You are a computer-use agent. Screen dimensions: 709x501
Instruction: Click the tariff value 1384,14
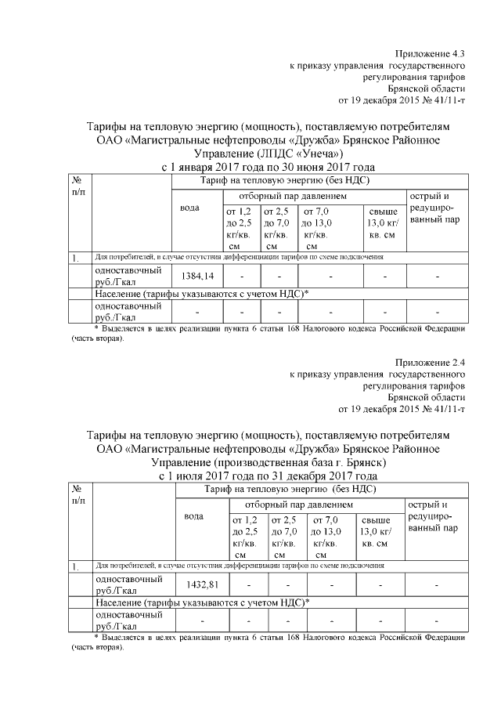click(x=197, y=277)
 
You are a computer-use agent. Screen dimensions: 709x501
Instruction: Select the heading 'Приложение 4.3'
click(x=430, y=54)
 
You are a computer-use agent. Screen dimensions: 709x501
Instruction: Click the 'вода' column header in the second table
click(x=193, y=516)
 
